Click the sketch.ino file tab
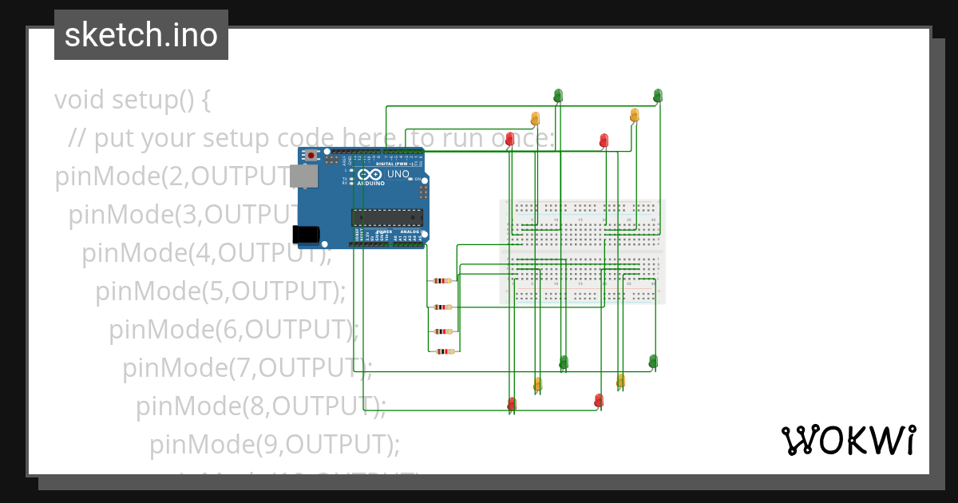(141, 35)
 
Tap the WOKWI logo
(848, 440)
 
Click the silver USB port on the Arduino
(302, 178)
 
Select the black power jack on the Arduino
(305, 234)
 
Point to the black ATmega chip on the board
(388, 216)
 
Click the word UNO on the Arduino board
(398, 174)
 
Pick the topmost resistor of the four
(441, 280)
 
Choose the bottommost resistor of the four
(441, 351)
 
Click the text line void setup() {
(133, 101)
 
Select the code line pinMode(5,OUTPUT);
(220, 291)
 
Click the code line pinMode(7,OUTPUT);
(247, 367)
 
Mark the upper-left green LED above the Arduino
(558, 96)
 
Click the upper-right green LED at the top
(658, 96)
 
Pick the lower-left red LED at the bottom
(512, 403)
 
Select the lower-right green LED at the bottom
(653, 361)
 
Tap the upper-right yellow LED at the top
(635, 115)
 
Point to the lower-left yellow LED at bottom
(538, 384)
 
